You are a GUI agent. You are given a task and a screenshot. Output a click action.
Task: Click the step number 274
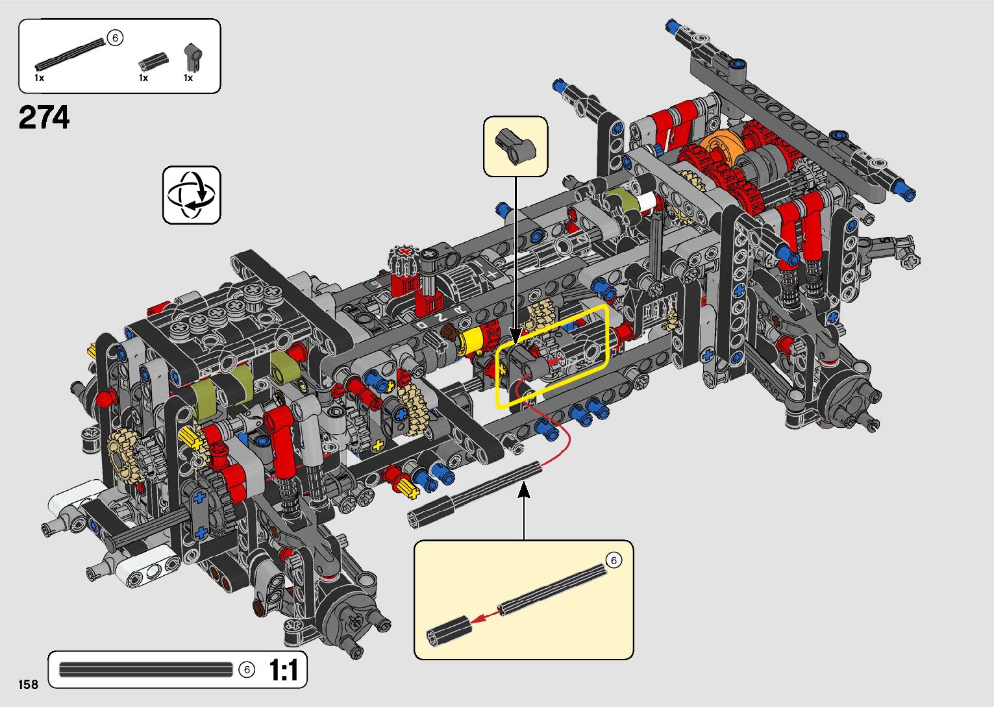(44, 117)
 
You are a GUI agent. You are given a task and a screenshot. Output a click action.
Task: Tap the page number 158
(29, 684)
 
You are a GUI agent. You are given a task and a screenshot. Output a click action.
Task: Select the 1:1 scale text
(283, 670)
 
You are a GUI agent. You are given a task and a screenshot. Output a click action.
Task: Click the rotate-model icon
(192, 195)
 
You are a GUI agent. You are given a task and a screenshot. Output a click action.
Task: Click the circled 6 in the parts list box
(115, 38)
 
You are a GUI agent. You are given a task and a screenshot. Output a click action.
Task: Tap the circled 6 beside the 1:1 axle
(247, 669)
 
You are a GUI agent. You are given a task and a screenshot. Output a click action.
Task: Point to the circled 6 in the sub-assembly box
(614, 560)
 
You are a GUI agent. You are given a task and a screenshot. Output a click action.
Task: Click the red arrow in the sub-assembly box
(484, 617)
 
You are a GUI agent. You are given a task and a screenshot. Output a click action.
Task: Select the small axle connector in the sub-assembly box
(449, 630)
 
